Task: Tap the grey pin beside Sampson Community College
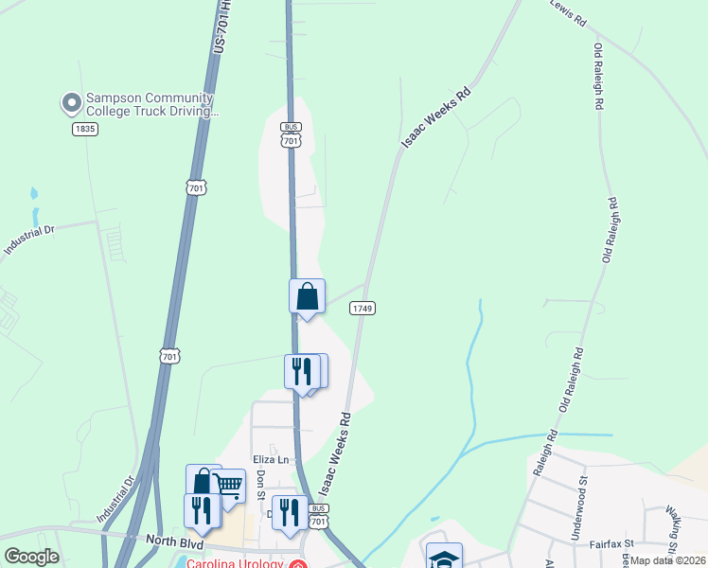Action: click(71, 101)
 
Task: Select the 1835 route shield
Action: click(85, 129)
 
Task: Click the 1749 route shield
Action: click(363, 309)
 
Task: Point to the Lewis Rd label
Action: click(568, 9)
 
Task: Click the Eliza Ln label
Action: click(270, 459)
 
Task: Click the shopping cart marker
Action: click(229, 487)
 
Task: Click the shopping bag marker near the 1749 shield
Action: click(307, 296)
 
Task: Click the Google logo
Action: click(31, 557)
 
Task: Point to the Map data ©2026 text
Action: click(668, 559)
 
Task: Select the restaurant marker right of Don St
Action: click(290, 512)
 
